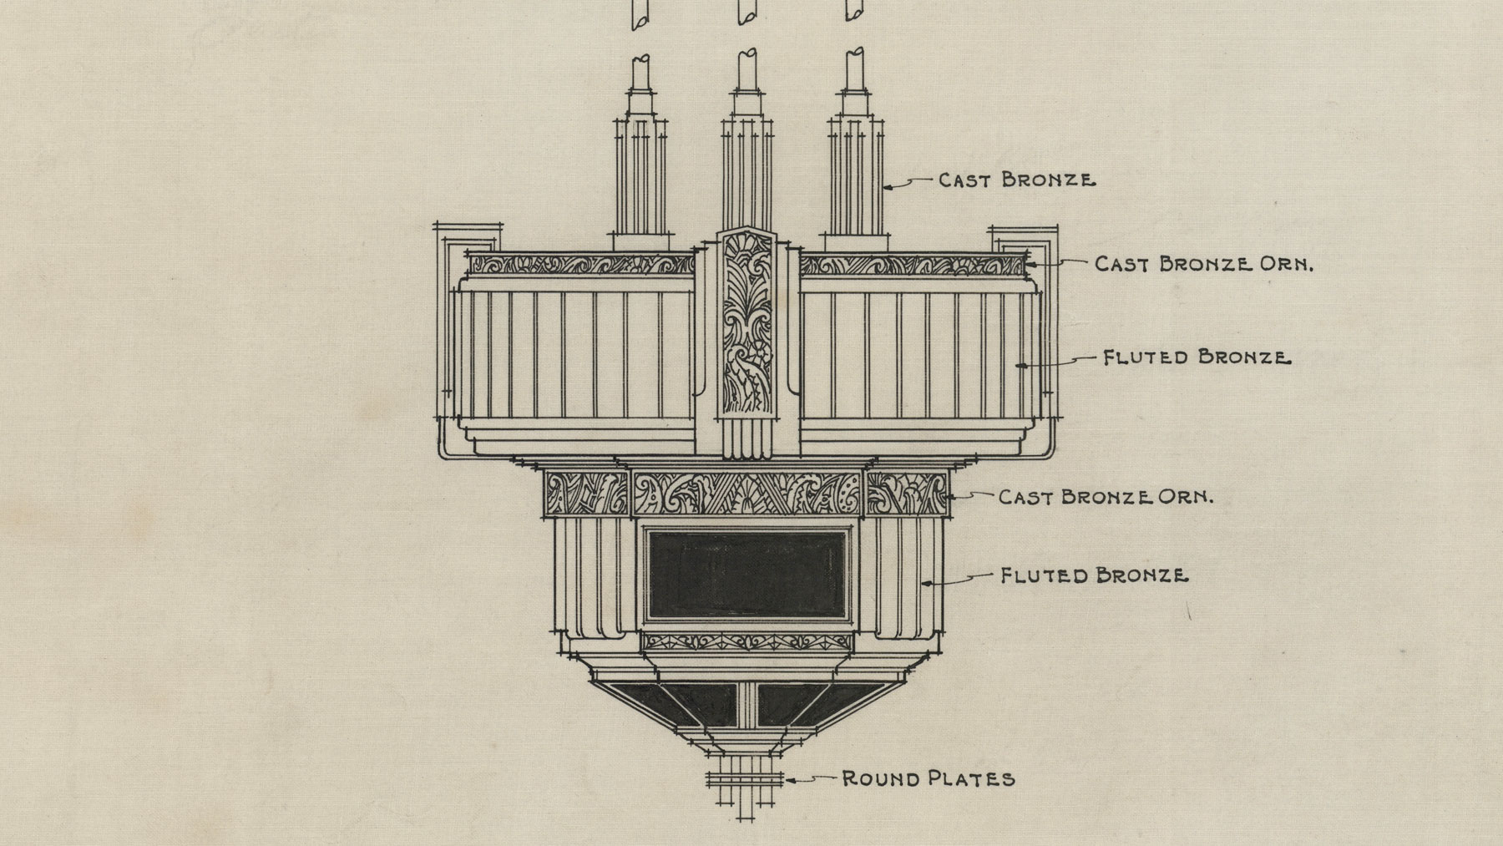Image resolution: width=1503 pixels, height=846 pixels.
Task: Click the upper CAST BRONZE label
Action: [x=1016, y=180]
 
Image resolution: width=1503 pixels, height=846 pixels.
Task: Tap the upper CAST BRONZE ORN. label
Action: [x=1204, y=265]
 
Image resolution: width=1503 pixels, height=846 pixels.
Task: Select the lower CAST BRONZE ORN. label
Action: [x=1106, y=497]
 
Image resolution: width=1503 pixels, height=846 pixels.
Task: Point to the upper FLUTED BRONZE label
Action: [x=1197, y=357]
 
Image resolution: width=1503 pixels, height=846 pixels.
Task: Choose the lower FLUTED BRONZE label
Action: [x=1094, y=575]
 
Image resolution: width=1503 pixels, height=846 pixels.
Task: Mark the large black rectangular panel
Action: [x=747, y=575]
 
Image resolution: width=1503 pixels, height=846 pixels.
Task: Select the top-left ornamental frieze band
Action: [x=580, y=265]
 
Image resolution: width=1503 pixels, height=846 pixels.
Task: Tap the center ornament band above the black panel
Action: [x=747, y=494]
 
